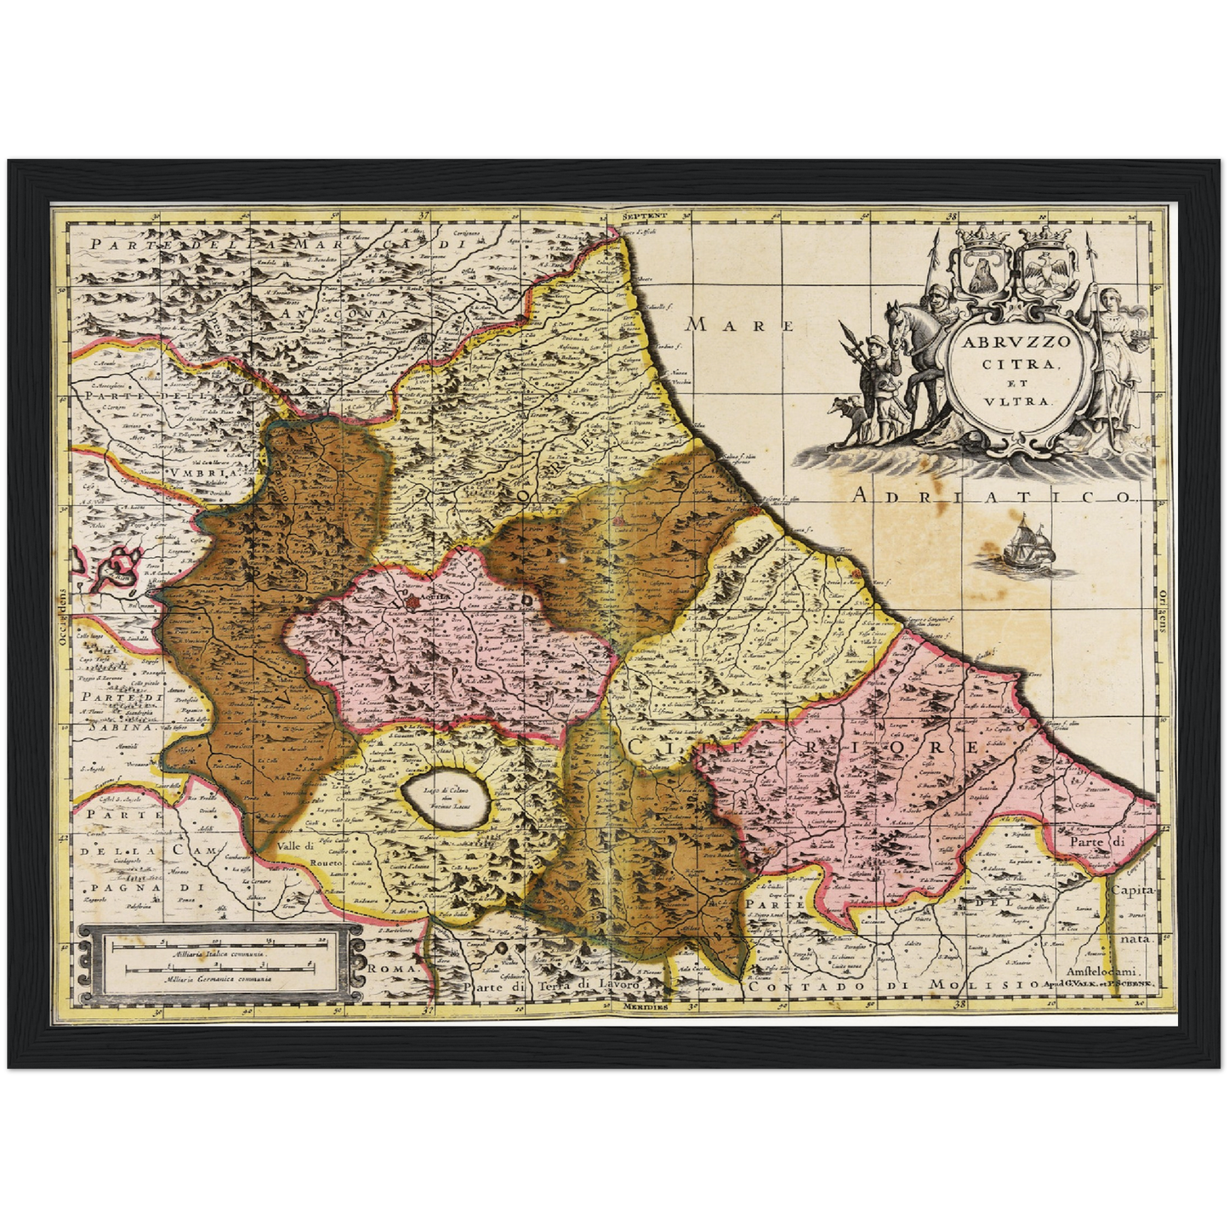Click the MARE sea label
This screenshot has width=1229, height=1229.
740,325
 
